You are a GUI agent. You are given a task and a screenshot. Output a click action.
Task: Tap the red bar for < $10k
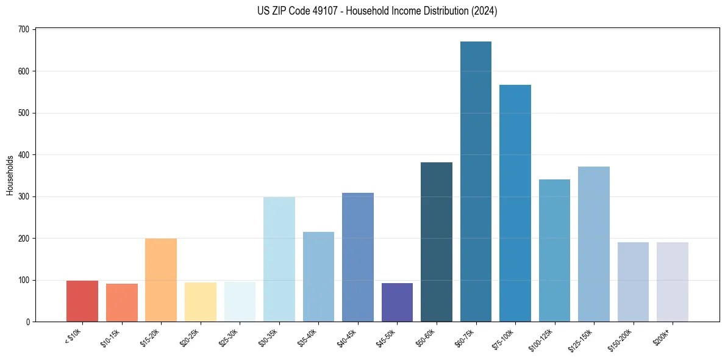tap(82, 301)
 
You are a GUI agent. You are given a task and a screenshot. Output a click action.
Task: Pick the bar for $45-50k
tap(397, 303)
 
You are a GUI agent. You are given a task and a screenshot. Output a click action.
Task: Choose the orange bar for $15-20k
tap(161, 280)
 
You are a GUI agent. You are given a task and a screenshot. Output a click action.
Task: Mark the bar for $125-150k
tap(594, 244)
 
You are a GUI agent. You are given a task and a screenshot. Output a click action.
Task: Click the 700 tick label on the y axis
tap(26, 29)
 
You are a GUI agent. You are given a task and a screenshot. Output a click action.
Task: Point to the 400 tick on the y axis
tap(26, 155)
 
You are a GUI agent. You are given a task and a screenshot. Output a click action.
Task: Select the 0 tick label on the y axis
tap(29, 322)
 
